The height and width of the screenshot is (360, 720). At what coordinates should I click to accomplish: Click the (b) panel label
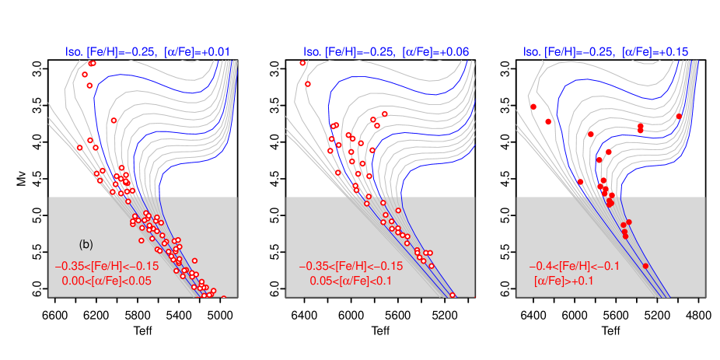86,244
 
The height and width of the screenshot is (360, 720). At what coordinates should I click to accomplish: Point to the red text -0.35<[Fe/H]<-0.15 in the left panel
107,266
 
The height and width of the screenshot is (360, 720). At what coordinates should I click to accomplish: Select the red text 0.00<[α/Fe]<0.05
107,281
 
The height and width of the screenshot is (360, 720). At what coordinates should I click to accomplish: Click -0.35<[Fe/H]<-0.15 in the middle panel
351,266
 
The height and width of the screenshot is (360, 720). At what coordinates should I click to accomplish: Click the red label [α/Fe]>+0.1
564,281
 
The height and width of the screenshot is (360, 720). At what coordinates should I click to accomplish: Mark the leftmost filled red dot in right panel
533,107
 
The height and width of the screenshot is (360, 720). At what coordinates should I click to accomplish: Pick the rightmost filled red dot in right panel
679,117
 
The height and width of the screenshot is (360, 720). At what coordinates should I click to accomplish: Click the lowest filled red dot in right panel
645,266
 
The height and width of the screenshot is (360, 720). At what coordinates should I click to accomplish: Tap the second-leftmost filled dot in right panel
549,121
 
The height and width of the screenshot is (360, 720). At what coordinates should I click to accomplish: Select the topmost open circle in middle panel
302,63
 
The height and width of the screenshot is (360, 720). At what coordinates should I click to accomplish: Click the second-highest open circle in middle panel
308,84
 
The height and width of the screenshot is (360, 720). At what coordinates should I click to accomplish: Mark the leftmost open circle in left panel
79,147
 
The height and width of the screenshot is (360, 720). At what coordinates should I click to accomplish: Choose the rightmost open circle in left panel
223,297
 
